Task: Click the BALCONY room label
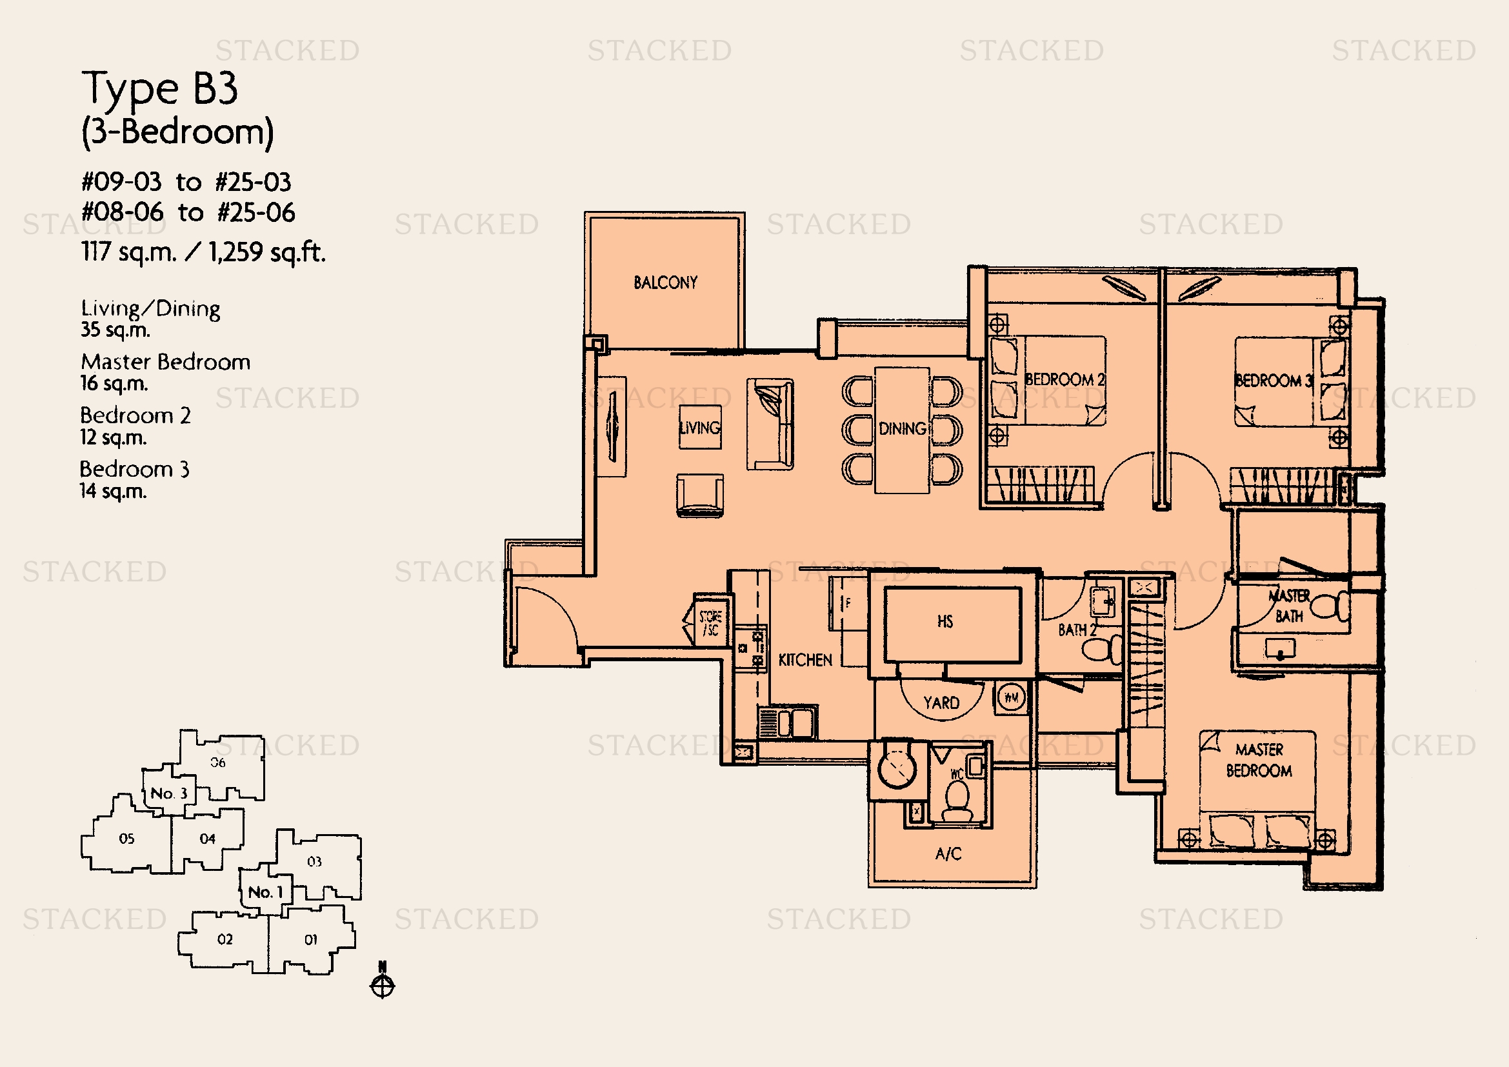(665, 283)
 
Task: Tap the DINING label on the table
(903, 429)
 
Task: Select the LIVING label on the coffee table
(700, 428)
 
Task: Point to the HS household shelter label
(945, 621)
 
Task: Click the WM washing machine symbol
(1012, 697)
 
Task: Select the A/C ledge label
(948, 854)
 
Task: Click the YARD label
(941, 703)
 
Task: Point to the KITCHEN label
(805, 661)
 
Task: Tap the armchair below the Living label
(700, 495)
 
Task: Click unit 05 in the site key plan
(127, 839)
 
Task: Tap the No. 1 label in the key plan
(265, 892)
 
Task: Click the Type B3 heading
(160, 88)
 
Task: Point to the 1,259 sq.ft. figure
(266, 252)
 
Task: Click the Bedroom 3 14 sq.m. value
(113, 491)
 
